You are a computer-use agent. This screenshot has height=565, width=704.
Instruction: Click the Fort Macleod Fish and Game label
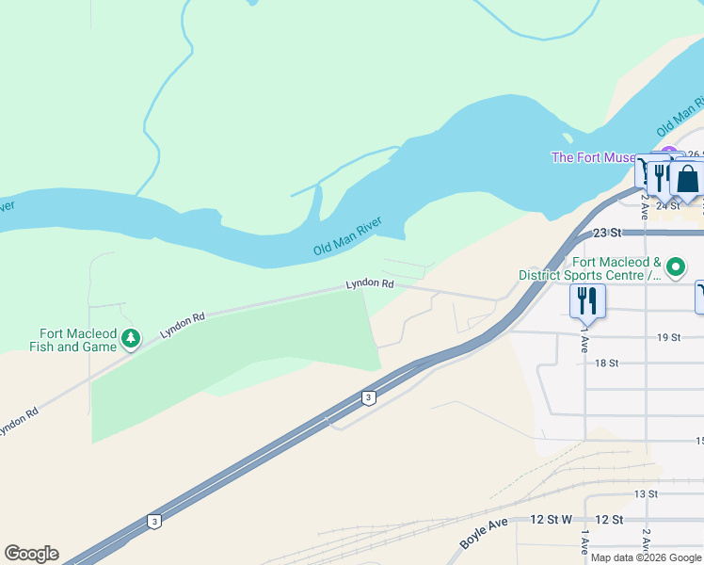click(x=78, y=340)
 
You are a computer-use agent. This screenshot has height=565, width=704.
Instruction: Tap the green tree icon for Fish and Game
click(x=131, y=337)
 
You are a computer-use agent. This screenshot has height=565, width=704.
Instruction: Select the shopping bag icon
click(x=688, y=178)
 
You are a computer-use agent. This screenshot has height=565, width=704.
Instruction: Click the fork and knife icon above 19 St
click(x=586, y=300)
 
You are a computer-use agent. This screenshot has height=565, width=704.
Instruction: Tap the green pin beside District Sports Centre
click(x=675, y=268)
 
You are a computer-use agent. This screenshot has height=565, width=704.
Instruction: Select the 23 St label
click(x=608, y=233)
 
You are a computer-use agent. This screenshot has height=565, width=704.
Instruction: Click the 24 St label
click(x=667, y=204)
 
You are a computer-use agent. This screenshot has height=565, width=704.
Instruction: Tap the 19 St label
click(x=668, y=337)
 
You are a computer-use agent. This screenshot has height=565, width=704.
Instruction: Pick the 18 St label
click(x=606, y=363)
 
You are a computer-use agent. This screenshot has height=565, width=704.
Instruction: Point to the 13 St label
click(x=645, y=493)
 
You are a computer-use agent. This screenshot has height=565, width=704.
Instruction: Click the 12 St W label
click(x=552, y=520)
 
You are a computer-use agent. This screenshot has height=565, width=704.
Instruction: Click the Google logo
click(x=31, y=554)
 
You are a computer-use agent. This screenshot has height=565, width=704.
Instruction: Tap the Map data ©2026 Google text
click(x=647, y=557)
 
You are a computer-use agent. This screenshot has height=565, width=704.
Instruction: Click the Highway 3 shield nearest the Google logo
click(x=153, y=521)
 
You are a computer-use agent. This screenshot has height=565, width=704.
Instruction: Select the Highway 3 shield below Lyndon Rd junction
click(x=369, y=398)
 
